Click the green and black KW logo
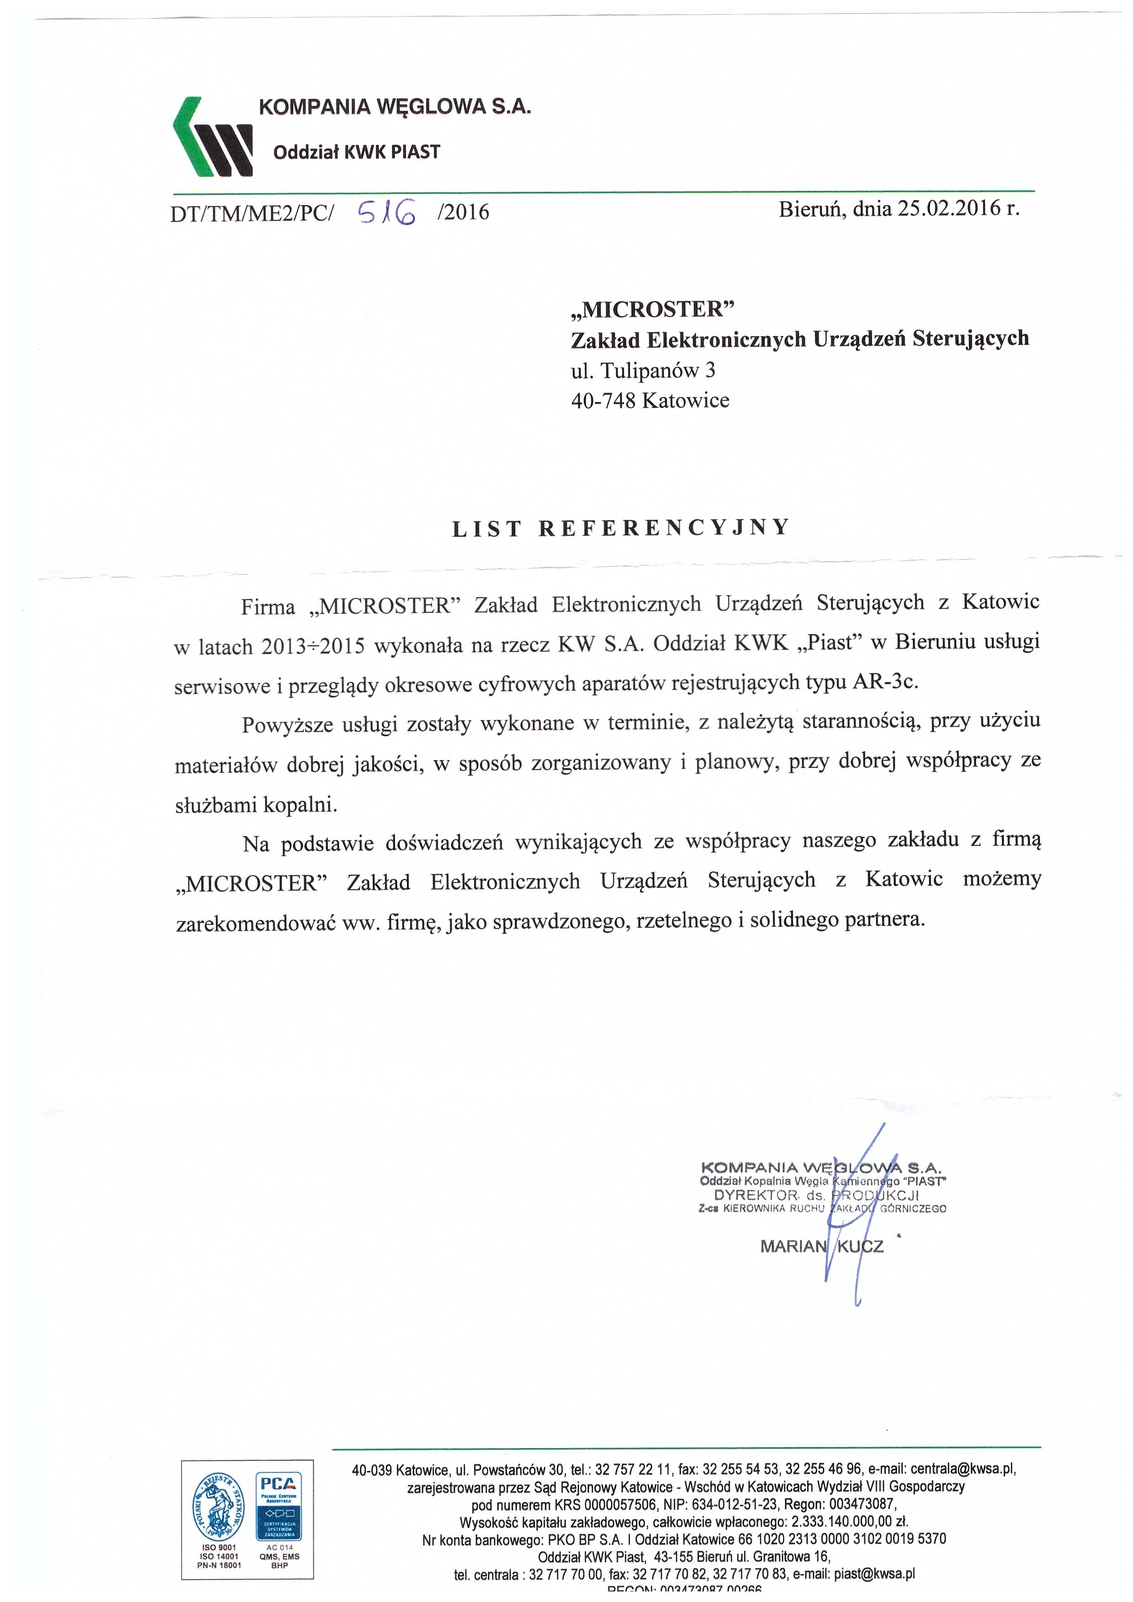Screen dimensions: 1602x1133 click(212, 136)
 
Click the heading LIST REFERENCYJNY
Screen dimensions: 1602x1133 click(620, 528)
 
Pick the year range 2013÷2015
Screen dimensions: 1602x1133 click(313, 646)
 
